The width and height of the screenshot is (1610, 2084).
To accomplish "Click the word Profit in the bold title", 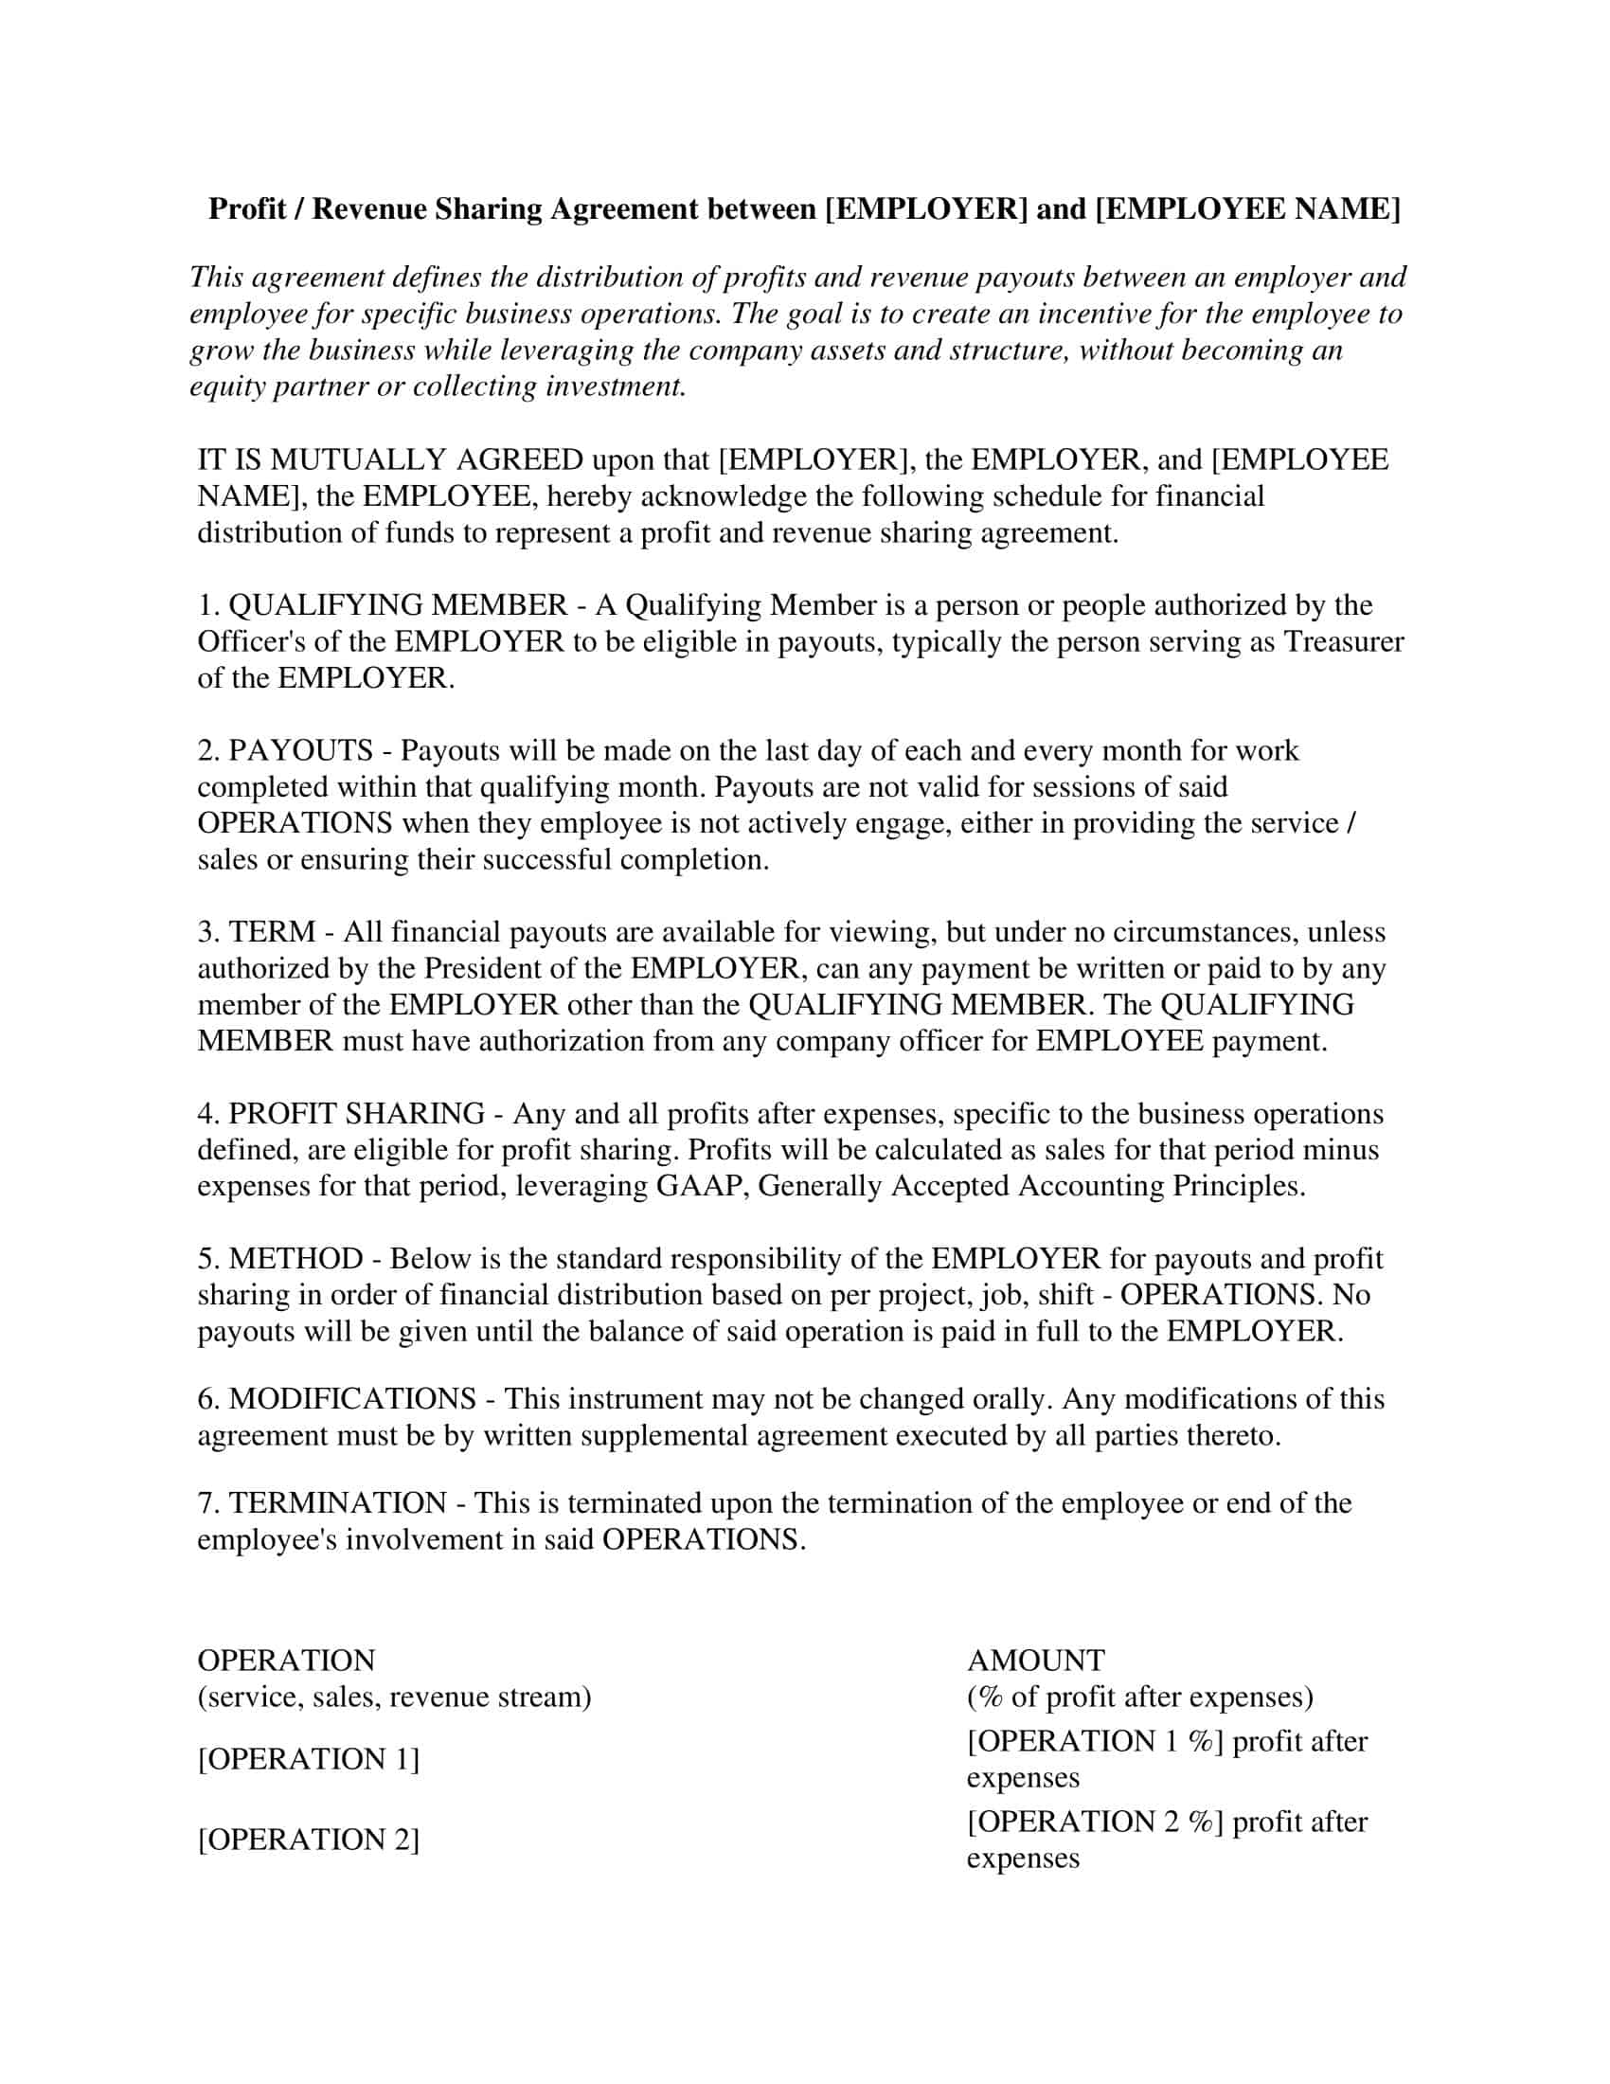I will coord(247,209).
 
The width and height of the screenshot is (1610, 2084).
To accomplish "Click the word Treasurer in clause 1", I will coord(1343,642).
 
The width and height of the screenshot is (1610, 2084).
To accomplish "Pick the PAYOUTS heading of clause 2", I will coord(300,751).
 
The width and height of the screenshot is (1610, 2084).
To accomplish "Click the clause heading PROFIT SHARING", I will coord(357,1114).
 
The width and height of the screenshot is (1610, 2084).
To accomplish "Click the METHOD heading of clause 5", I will coord(295,1259).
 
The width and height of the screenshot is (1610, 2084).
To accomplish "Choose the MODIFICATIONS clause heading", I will coord(352,1399).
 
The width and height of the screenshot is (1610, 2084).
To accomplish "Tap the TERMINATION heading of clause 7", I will coord(338,1503).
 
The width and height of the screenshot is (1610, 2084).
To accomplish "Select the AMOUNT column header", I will coord(1036,1661).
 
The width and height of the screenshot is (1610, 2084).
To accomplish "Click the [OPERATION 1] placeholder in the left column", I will coord(309,1759).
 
